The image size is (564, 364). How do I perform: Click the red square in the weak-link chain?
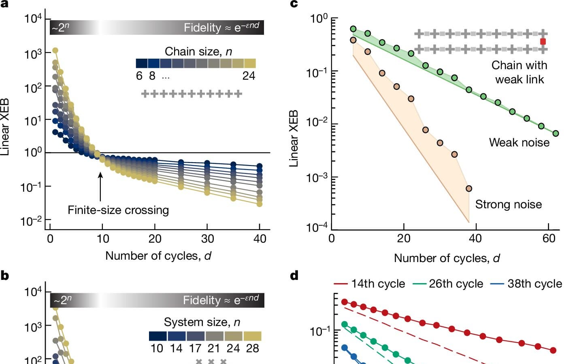(543, 42)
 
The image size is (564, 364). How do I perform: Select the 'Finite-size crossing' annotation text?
(118, 210)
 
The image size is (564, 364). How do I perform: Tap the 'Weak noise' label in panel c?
(519, 142)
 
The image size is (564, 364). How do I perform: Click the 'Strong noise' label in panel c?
(508, 204)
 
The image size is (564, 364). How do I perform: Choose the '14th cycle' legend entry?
(370, 284)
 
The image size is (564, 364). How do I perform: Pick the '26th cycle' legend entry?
(448, 284)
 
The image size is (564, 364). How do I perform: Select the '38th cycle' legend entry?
(526, 284)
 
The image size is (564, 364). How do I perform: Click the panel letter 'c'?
(294, 4)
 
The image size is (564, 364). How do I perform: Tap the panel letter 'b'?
(5, 276)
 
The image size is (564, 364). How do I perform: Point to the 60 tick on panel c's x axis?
(549, 238)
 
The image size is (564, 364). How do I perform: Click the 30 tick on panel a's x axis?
(207, 239)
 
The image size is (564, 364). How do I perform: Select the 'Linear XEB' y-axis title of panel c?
(294, 138)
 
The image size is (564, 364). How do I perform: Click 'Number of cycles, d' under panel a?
(158, 256)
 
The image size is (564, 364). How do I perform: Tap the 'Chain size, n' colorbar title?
(198, 52)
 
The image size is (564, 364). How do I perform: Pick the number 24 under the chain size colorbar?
(249, 76)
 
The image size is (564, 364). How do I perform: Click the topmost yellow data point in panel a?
(55, 51)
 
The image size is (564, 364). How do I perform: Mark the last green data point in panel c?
(556, 133)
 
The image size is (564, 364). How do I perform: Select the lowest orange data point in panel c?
(469, 188)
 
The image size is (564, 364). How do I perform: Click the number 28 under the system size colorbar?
(252, 348)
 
